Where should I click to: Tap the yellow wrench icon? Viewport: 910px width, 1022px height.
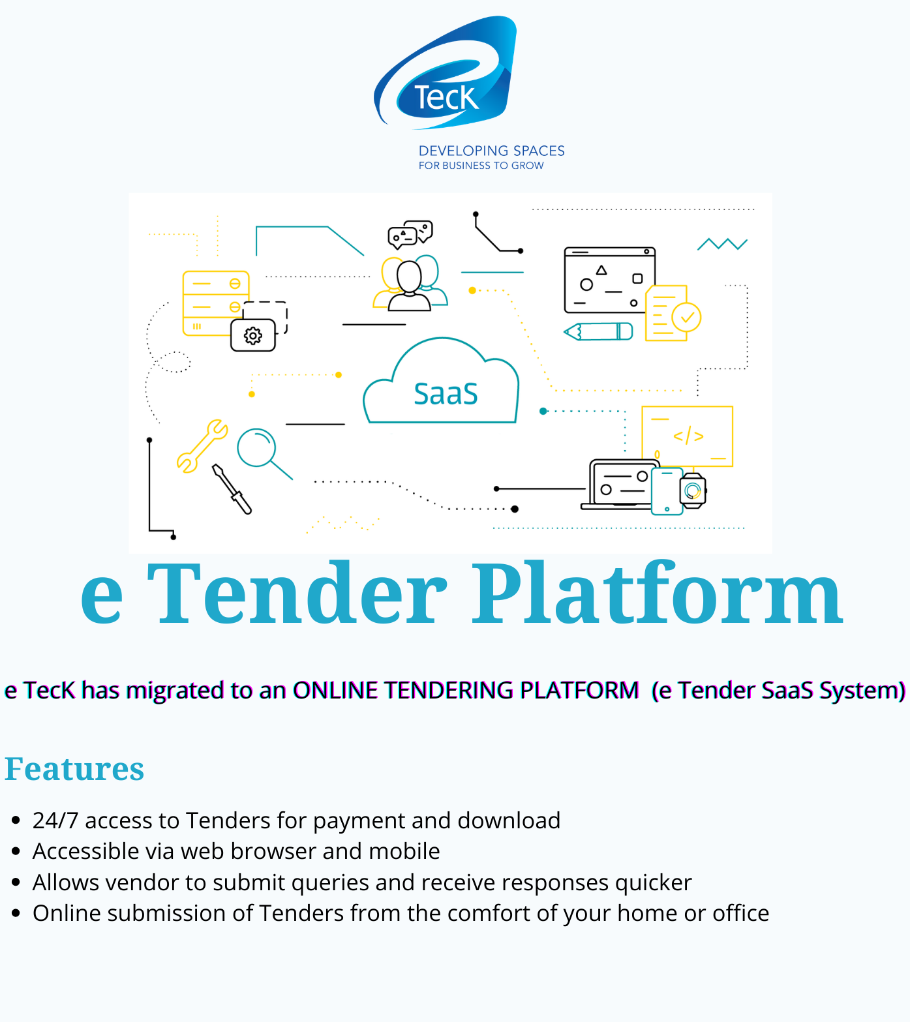tap(202, 445)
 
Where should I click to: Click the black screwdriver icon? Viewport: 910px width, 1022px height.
tap(232, 489)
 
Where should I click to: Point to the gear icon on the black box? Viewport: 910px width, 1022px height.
tap(253, 336)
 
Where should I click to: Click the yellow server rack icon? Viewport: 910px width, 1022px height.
tap(216, 303)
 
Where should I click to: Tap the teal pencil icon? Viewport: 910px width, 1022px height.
tap(598, 331)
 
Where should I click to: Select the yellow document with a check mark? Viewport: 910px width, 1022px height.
tap(673, 313)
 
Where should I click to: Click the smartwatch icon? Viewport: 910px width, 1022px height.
tap(693, 490)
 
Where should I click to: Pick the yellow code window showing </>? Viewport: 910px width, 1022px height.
tap(688, 436)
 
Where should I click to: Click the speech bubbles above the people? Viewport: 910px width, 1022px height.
tap(410, 234)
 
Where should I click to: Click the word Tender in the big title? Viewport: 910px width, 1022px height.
tap(297, 594)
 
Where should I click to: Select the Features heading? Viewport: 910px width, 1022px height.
tap(74, 768)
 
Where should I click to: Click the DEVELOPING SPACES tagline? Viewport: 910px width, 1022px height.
tap(492, 151)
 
